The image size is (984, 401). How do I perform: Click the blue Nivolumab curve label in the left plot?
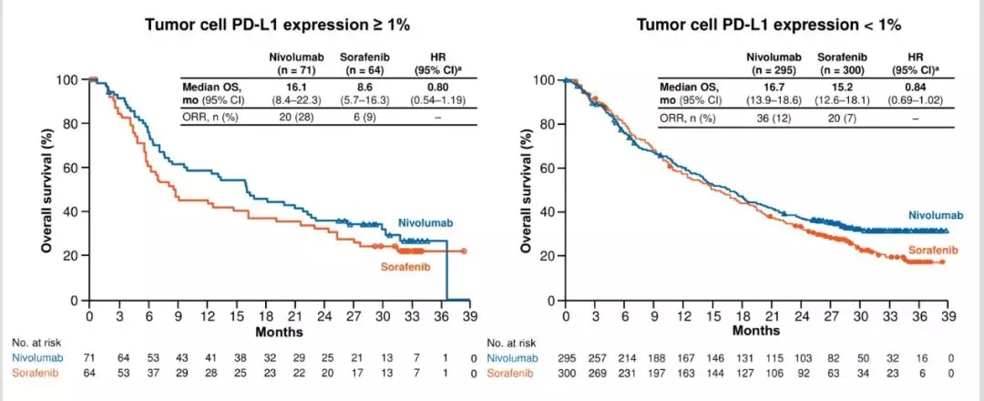pos(425,222)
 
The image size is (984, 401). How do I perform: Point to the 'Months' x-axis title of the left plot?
pos(280,331)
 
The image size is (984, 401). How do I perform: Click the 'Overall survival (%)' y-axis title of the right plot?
pos(528,190)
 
